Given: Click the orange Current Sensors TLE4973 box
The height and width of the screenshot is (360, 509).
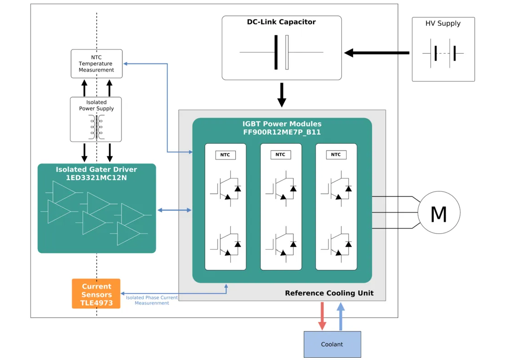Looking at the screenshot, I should pyautogui.click(x=96, y=294).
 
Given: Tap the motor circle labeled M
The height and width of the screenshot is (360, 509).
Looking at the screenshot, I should pyautogui.click(x=438, y=213).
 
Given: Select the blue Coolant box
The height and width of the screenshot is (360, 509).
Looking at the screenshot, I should pyautogui.click(x=332, y=344).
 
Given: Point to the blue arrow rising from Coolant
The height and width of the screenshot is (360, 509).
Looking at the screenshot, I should pyautogui.click(x=341, y=316).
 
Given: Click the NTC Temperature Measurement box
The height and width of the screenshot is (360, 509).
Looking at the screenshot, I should pyautogui.click(x=97, y=64).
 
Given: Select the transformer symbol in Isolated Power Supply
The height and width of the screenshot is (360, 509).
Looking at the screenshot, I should pyautogui.click(x=97, y=127).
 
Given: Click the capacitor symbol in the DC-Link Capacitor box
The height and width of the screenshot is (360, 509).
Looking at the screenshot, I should pyautogui.click(x=281, y=53).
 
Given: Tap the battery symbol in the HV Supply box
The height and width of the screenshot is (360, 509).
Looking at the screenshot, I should pyautogui.click(x=443, y=54).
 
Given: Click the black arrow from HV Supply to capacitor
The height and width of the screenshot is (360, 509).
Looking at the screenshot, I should pyautogui.click(x=377, y=53).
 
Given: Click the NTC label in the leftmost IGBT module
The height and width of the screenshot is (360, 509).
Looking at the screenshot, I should pyautogui.click(x=225, y=155).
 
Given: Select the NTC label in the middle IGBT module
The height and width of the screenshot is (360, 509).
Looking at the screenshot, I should pyautogui.click(x=281, y=155).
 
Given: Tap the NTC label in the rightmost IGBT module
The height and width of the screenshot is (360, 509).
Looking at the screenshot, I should pyautogui.click(x=336, y=155).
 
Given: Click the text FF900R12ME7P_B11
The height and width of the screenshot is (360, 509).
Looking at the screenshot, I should pyautogui.click(x=282, y=132).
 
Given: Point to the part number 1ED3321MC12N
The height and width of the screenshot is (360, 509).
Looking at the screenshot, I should pyautogui.click(x=97, y=178).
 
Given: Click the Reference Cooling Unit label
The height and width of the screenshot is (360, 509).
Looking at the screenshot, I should pyautogui.click(x=329, y=293).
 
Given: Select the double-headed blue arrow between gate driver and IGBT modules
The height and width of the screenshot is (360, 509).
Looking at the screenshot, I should pyautogui.click(x=175, y=210).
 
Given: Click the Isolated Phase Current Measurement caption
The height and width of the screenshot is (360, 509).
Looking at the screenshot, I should pyautogui.click(x=152, y=300).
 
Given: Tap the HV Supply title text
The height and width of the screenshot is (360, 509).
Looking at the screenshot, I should pyautogui.click(x=443, y=24).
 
